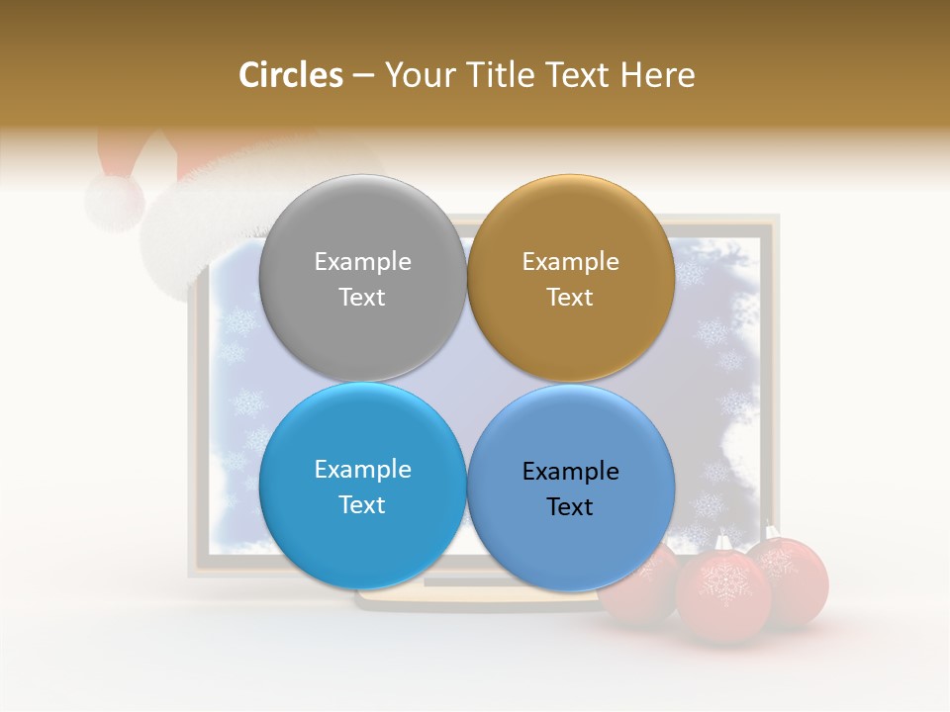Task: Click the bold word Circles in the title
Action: (x=290, y=75)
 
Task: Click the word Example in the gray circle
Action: (x=362, y=261)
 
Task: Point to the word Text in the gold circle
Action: (x=570, y=297)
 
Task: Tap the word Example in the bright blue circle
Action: (x=362, y=469)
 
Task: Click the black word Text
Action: (x=570, y=506)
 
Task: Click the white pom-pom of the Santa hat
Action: (x=114, y=201)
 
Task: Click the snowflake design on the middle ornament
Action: (x=723, y=583)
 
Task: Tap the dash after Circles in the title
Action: (x=363, y=76)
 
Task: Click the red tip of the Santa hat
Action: (x=124, y=148)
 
